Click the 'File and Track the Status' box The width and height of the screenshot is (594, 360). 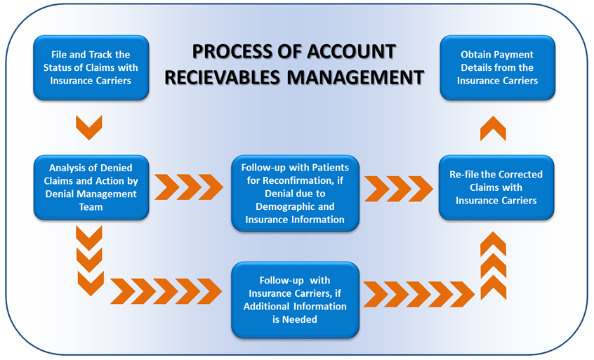tap(91, 67)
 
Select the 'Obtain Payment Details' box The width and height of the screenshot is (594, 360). tap(497, 67)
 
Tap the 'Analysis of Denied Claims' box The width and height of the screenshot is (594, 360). tap(91, 187)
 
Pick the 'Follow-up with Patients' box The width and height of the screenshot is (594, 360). tap(295, 194)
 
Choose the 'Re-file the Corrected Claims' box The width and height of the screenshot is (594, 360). tap(496, 187)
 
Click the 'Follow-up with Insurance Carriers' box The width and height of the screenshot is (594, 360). tap(295, 300)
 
